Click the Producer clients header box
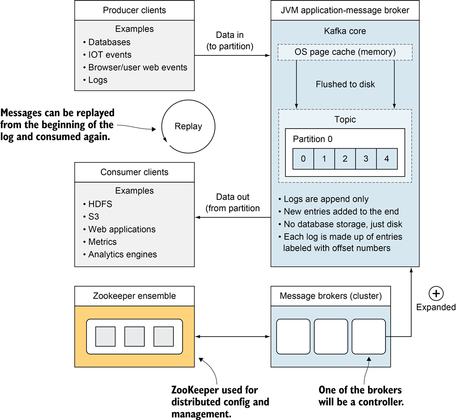pyautogui.click(x=134, y=10)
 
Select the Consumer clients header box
pyautogui.click(x=134, y=172)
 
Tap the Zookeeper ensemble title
pyautogui.click(x=134, y=296)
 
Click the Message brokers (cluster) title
pyautogui.click(x=330, y=296)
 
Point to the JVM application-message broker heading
pyautogui.click(x=345, y=10)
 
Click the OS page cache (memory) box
pyautogui.click(x=345, y=52)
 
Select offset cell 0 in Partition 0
pyautogui.click(x=303, y=159)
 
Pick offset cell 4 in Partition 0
pyautogui.click(x=387, y=159)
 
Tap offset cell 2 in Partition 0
pyautogui.click(x=345, y=159)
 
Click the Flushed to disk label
pyautogui.click(x=345, y=84)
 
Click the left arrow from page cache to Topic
pyautogui.click(x=297, y=85)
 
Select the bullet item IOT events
pyautogui.click(x=110, y=55)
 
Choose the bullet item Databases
pyautogui.click(x=109, y=42)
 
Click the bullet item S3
pyautogui.click(x=93, y=217)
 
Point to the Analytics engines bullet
pyautogui.click(x=122, y=254)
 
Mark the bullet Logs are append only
pyautogui.click(x=326, y=199)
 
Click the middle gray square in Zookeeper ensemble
pyautogui.click(x=134, y=336)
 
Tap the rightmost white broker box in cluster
pyautogui.click(x=368, y=337)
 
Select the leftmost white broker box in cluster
pyautogui.click(x=293, y=337)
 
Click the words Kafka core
pyautogui.click(x=345, y=32)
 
